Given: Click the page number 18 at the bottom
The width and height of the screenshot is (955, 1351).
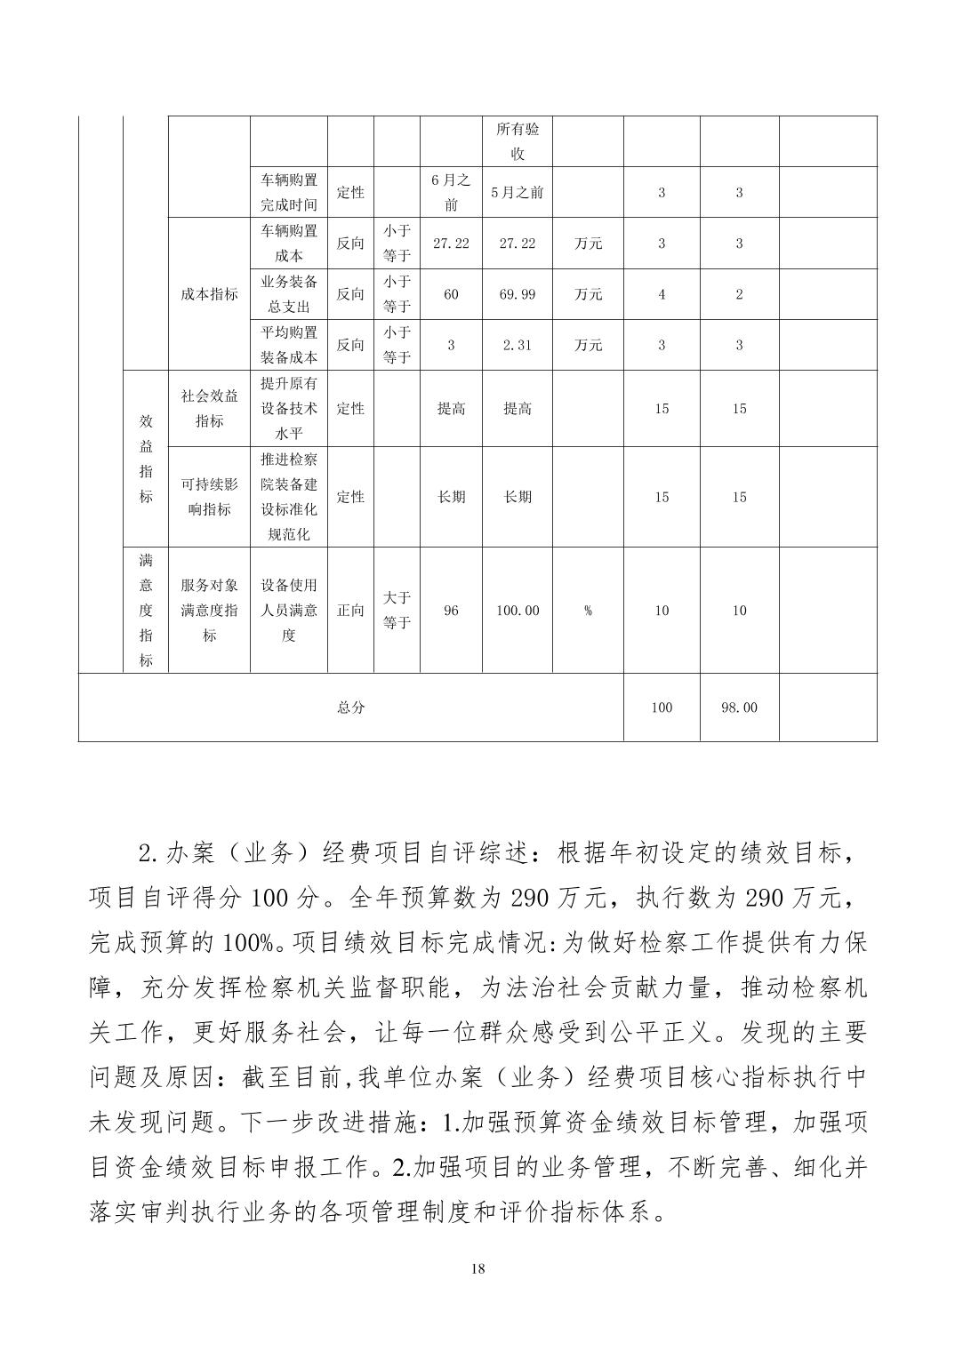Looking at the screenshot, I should coord(477,1268).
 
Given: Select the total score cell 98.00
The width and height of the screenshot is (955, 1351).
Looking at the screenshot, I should coord(739,707).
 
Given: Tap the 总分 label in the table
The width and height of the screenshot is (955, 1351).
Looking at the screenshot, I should coord(350,707).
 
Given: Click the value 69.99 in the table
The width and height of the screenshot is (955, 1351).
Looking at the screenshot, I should coord(517,294).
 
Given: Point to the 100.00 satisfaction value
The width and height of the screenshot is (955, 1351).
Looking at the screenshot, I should coord(517,611).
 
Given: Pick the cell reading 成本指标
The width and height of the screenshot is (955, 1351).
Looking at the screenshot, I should coord(209,294).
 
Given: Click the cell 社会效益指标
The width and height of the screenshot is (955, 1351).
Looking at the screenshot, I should coord(209,409).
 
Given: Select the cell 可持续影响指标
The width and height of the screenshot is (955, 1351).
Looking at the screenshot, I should coord(209,497).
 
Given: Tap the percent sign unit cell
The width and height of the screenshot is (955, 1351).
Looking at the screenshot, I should coord(588,611).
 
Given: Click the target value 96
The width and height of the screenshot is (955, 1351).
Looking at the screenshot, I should coord(451,611).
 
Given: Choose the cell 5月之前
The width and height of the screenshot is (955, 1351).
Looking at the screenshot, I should coord(517,192).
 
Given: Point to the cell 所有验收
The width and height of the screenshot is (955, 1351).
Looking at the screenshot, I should coord(517,141).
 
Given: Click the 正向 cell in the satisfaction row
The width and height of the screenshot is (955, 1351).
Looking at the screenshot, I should coord(350,611).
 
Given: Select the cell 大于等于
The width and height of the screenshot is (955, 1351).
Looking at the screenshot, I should coord(397,611).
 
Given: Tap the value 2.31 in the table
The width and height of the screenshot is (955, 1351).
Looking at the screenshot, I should coord(517,345).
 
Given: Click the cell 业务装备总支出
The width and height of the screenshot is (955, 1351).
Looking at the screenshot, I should coord(288,294).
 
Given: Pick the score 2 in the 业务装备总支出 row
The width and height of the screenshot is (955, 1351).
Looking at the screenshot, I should coord(739,294).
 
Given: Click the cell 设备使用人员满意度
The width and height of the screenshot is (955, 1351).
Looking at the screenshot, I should coord(288,611).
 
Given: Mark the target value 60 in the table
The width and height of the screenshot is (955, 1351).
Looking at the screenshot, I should coord(451,294).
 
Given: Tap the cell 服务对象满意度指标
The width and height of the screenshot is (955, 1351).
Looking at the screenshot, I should coord(209,611).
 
